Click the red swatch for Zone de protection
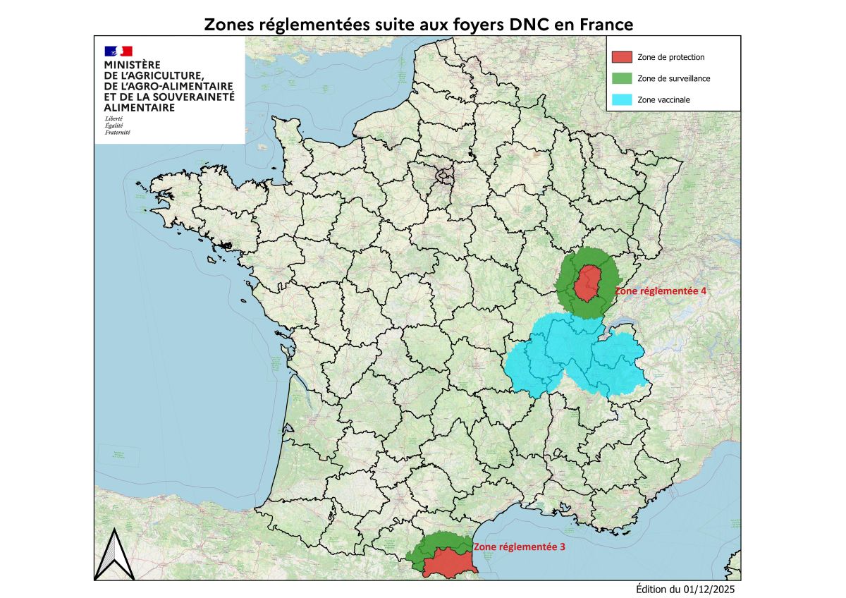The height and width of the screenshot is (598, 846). (622, 57)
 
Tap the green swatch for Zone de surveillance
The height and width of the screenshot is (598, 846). (622, 78)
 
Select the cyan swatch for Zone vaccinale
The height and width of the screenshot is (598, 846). (622, 99)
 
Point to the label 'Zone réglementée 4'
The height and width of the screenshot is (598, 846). (661, 290)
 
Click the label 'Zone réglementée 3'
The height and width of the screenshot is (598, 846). (520, 547)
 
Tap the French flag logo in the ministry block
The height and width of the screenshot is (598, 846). (118, 51)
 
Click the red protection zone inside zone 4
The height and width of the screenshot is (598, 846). (587, 283)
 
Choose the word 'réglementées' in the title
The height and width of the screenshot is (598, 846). (305, 25)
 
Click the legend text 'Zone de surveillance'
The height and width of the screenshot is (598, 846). (673, 79)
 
